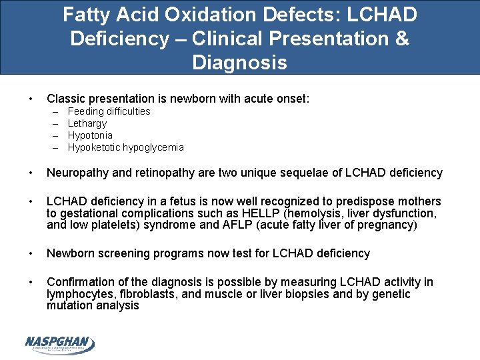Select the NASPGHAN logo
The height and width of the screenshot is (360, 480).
(x=60, y=343)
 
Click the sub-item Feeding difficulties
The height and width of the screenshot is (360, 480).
(x=109, y=111)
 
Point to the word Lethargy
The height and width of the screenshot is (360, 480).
(x=87, y=123)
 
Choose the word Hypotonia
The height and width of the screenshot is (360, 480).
(x=90, y=135)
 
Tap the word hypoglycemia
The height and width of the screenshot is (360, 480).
(x=153, y=147)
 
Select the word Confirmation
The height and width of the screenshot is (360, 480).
(x=83, y=282)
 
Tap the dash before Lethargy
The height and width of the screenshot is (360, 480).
(x=54, y=123)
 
